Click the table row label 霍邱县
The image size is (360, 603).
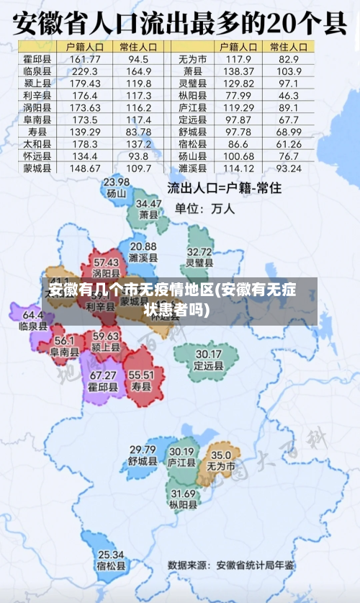[37, 58]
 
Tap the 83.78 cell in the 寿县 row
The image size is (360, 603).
[138, 132]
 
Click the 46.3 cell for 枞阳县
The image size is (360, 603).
[288, 95]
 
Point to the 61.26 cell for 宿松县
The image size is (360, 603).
[288, 144]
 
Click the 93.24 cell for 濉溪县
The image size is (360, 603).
[288, 169]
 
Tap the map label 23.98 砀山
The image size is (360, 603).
[116, 187]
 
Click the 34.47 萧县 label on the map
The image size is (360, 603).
[149, 209]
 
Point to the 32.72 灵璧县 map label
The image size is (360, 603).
[199, 257]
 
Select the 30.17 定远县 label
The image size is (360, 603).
[208, 359]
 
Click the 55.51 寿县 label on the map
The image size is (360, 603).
[141, 380]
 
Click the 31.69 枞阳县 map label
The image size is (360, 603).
[183, 499]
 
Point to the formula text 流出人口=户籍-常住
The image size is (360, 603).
[224, 189]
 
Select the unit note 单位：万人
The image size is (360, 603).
[205, 209]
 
